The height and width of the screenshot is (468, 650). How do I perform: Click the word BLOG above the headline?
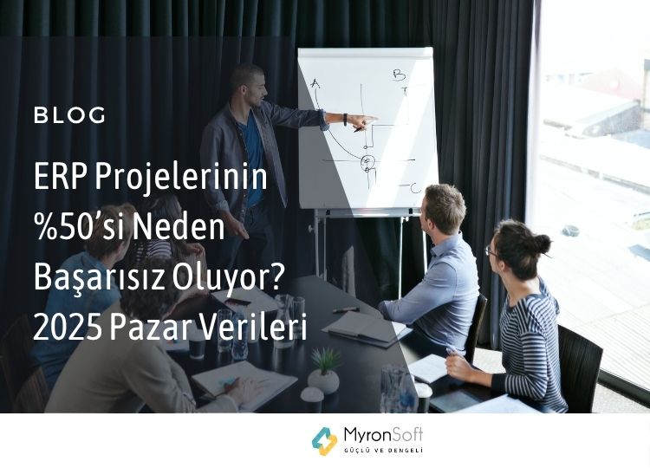[x=69, y=115]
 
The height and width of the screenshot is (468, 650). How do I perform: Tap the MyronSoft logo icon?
[x=325, y=441]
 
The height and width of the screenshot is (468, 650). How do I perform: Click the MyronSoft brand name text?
[x=383, y=435]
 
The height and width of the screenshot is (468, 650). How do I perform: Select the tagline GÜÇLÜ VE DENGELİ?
[x=383, y=450]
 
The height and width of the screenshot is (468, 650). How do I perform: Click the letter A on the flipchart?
[x=315, y=84]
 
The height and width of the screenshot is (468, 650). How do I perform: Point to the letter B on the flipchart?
[x=400, y=75]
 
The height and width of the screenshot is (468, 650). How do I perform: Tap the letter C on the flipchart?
[x=415, y=188]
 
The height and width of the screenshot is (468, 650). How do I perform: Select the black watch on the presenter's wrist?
[x=345, y=120]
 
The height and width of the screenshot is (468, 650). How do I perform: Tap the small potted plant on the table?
[x=324, y=371]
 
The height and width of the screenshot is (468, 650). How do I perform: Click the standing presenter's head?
[x=249, y=86]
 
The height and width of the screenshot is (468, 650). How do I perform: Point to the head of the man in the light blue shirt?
[x=443, y=210]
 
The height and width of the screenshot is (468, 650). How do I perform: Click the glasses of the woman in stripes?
[x=491, y=251]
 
